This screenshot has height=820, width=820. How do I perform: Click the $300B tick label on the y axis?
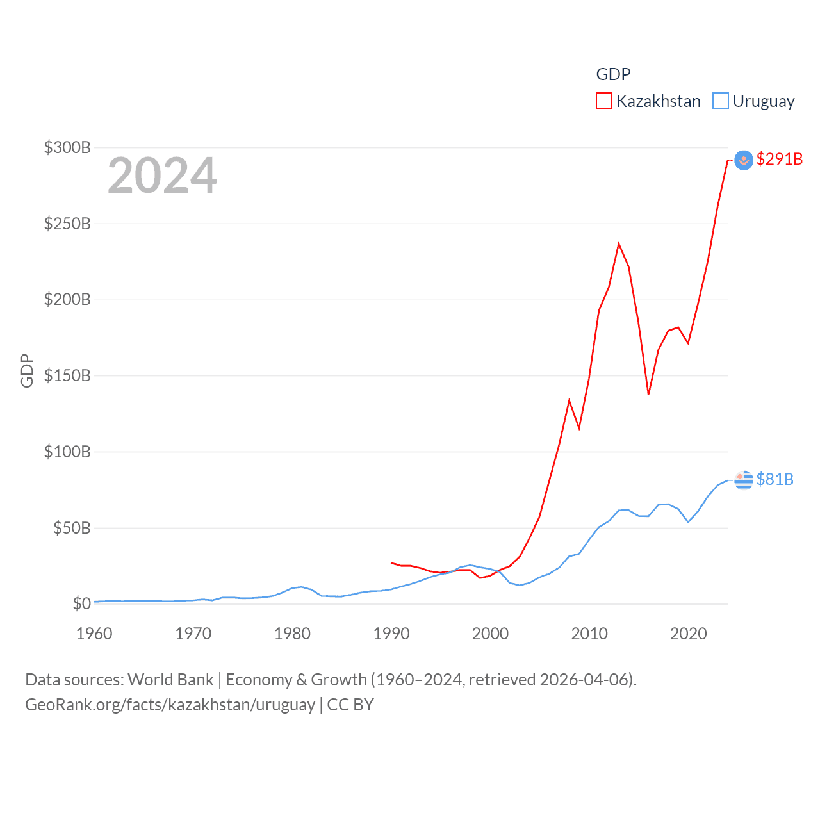[x=67, y=147]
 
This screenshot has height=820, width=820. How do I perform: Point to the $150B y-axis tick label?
[x=67, y=375]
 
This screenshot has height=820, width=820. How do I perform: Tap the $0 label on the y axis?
[x=81, y=603]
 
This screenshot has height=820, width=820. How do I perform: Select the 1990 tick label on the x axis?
[x=391, y=634]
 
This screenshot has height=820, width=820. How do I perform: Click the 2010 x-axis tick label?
[x=589, y=634]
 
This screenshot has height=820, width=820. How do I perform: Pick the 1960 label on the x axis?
[x=94, y=634]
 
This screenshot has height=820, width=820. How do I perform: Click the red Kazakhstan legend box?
[x=603, y=101]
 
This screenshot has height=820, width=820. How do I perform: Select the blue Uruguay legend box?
[x=721, y=101]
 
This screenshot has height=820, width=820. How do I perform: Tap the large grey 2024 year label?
[x=162, y=176]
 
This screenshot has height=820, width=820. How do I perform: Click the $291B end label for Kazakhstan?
[x=779, y=159]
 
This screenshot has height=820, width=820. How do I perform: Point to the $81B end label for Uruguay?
[x=775, y=479]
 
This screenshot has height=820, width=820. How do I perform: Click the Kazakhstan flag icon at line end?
[x=743, y=160]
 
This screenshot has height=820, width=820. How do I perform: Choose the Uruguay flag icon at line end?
[x=743, y=479]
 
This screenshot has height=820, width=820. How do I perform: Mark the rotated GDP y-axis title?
[x=27, y=370]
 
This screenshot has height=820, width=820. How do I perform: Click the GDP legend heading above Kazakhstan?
[x=613, y=74]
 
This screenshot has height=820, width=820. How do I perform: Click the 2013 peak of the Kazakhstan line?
[x=619, y=243]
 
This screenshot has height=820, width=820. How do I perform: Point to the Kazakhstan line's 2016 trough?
[x=648, y=394]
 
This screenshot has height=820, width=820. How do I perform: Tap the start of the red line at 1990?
[x=391, y=562]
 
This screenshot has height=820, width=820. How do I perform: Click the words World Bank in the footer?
[x=170, y=679]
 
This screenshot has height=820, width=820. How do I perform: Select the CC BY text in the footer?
[x=350, y=705]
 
